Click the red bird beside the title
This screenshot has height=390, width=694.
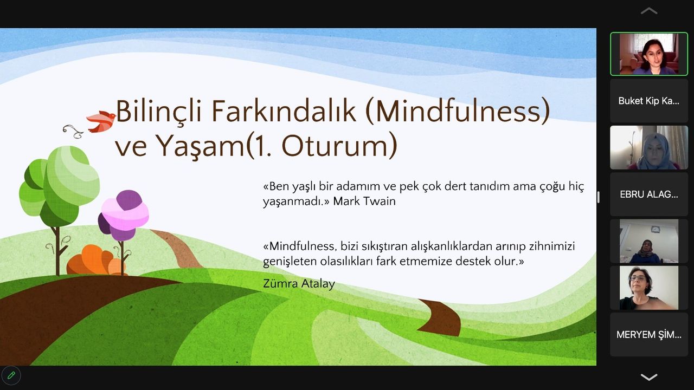101,121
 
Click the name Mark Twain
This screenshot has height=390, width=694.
364,201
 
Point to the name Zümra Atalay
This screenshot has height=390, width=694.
299,283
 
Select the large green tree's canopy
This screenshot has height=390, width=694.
60,186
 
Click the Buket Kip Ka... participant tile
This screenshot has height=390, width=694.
649,101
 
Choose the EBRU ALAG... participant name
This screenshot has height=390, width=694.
649,194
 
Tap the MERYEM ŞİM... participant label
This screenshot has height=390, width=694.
649,335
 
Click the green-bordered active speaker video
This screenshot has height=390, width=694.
649,54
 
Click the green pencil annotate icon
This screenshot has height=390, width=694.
11,375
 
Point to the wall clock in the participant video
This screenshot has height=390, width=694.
656,229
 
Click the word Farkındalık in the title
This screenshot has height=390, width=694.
284,112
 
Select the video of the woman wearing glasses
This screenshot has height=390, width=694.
649,288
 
